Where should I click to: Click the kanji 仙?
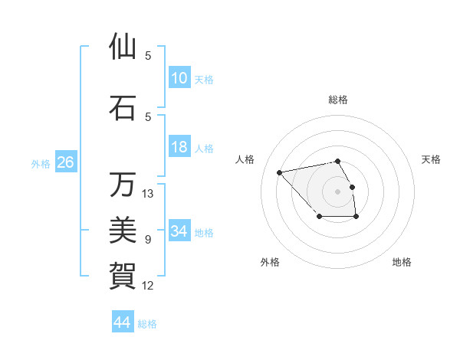[123, 46]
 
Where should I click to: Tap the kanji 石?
[123, 107]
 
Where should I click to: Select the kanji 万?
[123, 185]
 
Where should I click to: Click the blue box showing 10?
[179, 78]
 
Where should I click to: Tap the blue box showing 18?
[179, 147]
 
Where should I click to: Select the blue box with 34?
[179, 231]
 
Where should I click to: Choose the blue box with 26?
[65, 162]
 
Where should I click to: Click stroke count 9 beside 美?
[148, 240]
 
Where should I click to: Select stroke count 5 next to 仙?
[148, 56]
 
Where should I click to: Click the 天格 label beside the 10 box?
[204, 79]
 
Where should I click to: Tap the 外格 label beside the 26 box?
[41, 163]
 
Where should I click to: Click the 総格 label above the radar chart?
[338, 100]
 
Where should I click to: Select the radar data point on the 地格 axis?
[356, 218]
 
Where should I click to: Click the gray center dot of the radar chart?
[338, 191]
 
